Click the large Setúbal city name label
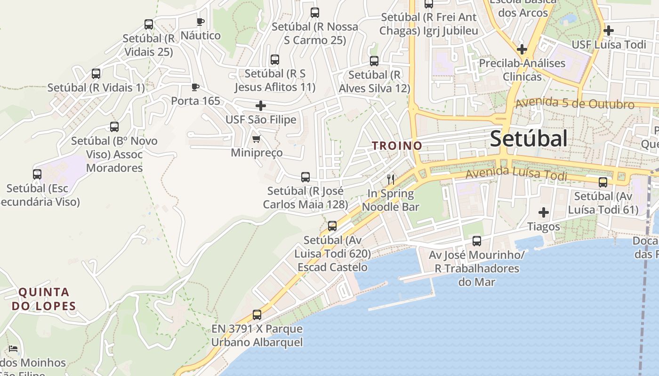529,139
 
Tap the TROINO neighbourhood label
397,146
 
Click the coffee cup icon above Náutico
200,22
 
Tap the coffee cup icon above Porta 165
195,87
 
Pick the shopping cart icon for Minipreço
256,139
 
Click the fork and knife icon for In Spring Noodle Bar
390,179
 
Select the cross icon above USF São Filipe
260,106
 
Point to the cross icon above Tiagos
544,212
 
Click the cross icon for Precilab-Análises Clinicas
522,49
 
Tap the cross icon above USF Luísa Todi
608,31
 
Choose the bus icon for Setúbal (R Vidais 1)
96,74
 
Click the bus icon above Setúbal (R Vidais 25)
149,24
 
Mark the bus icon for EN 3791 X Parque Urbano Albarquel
257,315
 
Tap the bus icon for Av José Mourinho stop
477,241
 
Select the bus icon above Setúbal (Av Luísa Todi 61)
603,182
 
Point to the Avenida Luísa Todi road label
516,174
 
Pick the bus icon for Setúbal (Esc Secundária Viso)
37,174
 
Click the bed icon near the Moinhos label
13,349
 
